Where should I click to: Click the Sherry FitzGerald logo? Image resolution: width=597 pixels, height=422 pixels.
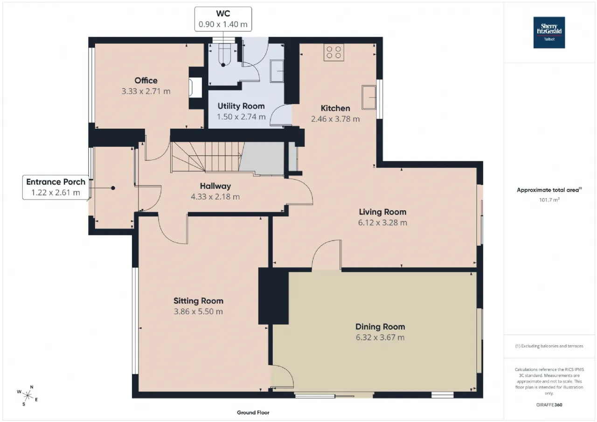[549, 33]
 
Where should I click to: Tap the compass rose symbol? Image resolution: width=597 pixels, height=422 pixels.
[28, 396]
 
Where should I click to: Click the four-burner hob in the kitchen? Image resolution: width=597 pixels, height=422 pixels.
[333, 52]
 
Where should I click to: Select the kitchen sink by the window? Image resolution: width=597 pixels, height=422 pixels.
[369, 97]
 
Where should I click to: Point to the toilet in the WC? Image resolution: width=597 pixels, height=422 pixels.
[223, 55]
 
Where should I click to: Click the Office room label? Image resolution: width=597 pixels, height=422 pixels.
[146, 81]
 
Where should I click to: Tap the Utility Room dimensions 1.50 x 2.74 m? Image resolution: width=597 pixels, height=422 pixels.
[241, 117]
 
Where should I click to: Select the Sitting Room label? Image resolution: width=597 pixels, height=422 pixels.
[198, 301]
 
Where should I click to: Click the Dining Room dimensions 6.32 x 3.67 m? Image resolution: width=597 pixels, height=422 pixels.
[380, 337]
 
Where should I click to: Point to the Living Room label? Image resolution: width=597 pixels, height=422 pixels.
[382, 212]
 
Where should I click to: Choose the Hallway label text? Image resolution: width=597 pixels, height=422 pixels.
[215, 186]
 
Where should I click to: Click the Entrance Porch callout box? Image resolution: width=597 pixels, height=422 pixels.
[56, 187]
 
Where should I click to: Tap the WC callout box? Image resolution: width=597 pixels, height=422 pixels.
[223, 19]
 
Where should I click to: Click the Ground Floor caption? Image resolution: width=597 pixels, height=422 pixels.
[253, 412]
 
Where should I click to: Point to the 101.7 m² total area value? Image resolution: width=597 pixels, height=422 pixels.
[549, 200]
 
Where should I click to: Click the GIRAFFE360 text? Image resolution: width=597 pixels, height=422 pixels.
[549, 405]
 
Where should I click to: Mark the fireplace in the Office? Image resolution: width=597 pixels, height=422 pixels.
[195, 87]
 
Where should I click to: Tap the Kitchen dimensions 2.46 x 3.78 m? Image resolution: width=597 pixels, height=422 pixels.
[335, 119]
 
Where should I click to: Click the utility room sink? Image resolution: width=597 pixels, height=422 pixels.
[277, 71]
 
